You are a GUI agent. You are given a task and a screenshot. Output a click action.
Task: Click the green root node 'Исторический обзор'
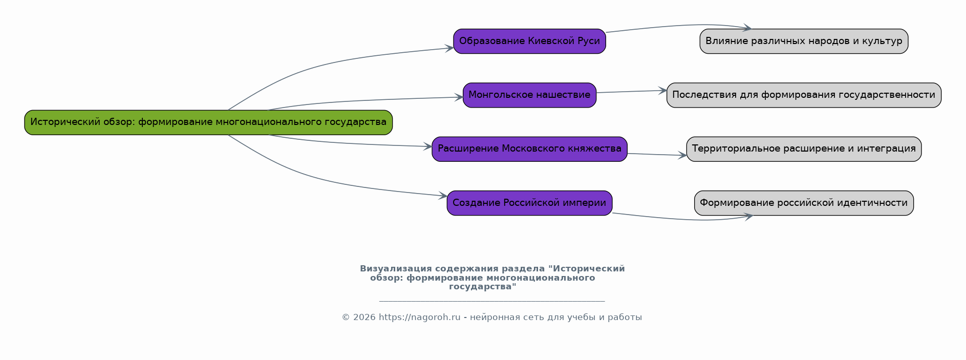pyautogui.click(x=208, y=122)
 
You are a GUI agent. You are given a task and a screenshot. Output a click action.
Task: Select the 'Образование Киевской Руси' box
pyautogui.click(x=529, y=41)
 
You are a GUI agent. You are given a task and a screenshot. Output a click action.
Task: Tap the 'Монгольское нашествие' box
pyautogui.click(x=529, y=95)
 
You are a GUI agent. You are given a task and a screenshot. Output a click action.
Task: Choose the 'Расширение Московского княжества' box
pyautogui.click(x=529, y=149)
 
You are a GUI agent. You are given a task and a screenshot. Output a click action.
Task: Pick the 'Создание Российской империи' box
pyautogui.click(x=529, y=203)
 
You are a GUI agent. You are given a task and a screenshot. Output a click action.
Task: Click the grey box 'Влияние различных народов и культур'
pyautogui.click(x=804, y=41)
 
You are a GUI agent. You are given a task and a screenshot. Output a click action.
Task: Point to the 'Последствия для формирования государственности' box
pyautogui.click(x=804, y=95)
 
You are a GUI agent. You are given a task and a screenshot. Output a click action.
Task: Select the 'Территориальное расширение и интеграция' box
pyautogui.click(x=804, y=149)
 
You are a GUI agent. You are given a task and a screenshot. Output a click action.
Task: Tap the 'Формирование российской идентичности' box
pyautogui.click(x=804, y=203)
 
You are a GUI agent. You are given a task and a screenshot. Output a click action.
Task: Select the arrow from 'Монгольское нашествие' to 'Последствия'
pyautogui.click(x=631, y=92)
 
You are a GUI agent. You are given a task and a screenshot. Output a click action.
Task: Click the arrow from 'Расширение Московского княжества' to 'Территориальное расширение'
pyautogui.click(x=657, y=154)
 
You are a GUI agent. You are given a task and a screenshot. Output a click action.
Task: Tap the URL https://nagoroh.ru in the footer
pyautogui.click(x=419, y=317)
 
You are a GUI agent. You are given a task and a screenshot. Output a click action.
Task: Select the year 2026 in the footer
pyautogui.click(x=364, y=317)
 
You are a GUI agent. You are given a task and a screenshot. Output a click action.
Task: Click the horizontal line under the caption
pyautogui.click(x=491, y=301)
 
